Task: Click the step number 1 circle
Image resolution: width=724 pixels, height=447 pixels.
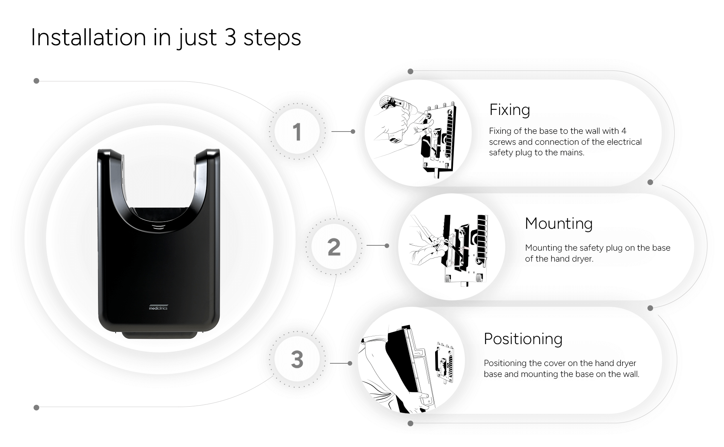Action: point(297,132)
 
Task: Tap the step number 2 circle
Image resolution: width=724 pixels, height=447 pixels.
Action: point(334,247)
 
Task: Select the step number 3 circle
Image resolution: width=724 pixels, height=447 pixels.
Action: point(297,359)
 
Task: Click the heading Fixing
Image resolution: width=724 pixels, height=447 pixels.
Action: point(509,110)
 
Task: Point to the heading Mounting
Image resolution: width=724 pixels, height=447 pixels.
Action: point(558,224)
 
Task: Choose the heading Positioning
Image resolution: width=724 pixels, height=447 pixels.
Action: point(523,339)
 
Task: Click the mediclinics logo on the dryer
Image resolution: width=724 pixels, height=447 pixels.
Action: point(158,307)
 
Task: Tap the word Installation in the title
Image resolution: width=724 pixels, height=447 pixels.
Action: point(88,37)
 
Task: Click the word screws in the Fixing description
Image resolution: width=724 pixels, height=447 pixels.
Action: point(501,142)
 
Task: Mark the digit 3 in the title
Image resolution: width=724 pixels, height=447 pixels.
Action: point(230,37)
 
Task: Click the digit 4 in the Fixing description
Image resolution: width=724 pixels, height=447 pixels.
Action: point(624,131)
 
